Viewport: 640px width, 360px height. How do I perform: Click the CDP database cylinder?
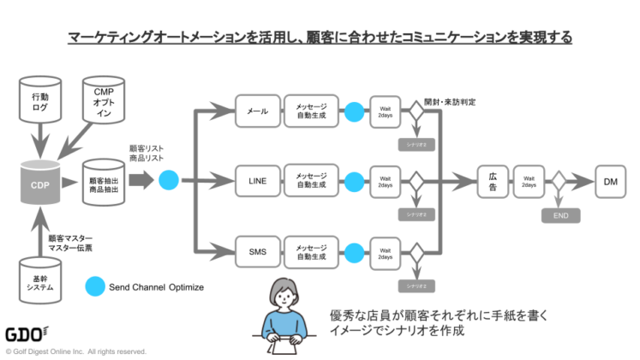pos(38,183)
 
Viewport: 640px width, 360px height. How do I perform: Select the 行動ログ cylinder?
pos(39,104)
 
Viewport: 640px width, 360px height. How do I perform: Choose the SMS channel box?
pos(257,252)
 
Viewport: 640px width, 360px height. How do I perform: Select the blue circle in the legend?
pos(95,286)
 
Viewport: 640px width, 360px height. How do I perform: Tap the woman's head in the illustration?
pos(284,293)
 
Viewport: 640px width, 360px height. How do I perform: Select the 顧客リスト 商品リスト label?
pos(146,153)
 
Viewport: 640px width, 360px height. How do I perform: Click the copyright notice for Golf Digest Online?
pos(76,351)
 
